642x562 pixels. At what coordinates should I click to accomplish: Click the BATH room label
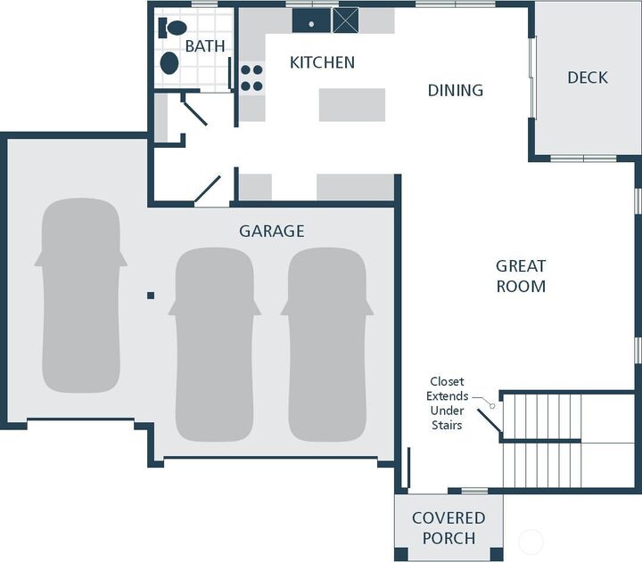click(204, 45)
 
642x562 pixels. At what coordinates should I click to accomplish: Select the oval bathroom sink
click(169, 63)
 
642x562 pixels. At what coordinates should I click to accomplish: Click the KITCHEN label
click(322, 62)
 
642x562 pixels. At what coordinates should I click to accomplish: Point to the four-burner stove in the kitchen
click(251, 77)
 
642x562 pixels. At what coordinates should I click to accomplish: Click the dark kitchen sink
click(311, 20)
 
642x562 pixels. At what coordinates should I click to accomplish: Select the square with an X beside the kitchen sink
click(345, 20)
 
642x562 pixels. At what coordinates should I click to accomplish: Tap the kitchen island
click(351, 104)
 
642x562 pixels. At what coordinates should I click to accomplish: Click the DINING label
click(455, 90)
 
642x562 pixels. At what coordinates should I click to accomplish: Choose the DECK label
click(587, 77)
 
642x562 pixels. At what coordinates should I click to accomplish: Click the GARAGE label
click(271, 232)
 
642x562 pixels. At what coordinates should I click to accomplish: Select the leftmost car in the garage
click(80, 295)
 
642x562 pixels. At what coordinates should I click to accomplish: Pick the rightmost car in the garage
click(326, 343)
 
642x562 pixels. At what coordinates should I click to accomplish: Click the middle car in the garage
click(215, 343)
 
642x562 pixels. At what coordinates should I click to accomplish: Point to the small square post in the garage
click(151, 295)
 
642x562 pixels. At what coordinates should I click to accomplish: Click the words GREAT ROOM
click(521, 276)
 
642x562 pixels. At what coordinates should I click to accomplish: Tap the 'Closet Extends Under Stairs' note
click(446, 403)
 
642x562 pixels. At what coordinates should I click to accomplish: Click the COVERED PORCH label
click(448, 528)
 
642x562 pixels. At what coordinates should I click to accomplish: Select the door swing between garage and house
click(209, 190)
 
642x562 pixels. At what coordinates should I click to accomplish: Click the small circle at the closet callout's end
click(491, 405)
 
